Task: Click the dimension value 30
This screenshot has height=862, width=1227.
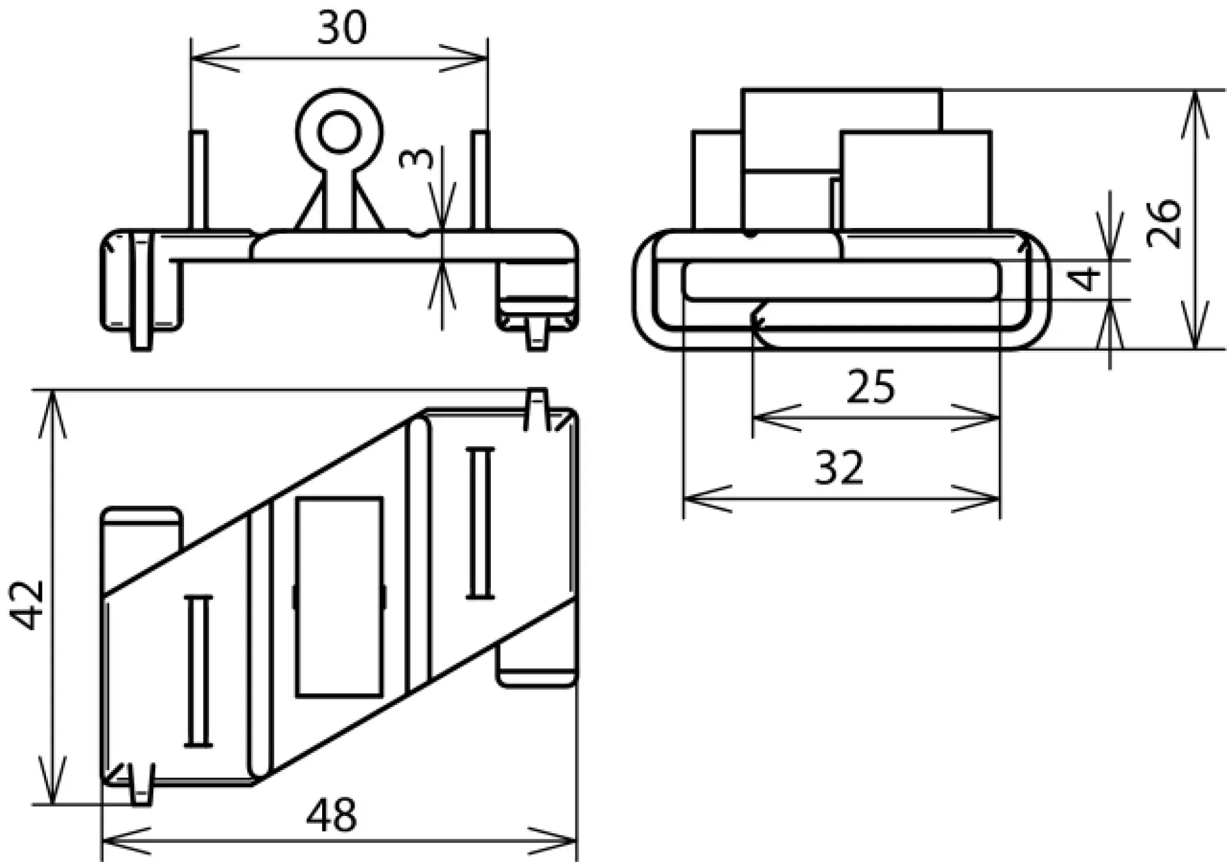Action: click(x=342, y=28)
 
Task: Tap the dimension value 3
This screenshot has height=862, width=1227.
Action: click(x=417, y=158)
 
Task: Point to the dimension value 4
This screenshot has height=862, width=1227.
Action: click(x=1085, y=279)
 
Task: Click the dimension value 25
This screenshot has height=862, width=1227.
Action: click(x=871, y=387)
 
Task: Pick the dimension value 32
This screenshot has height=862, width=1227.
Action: click(x=839, y=468)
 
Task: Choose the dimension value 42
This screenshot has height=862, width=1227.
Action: click(x=28, y=605)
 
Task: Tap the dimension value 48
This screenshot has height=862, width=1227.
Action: click(x=331, y=815)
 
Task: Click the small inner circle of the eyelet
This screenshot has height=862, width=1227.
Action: click(x=339, y=132)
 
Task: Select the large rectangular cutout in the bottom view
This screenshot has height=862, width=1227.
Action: click(x=339, y=597)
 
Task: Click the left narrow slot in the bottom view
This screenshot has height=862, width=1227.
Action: click(x=198, y=671)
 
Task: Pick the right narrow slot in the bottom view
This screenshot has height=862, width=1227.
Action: click(x=480, y=523)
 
